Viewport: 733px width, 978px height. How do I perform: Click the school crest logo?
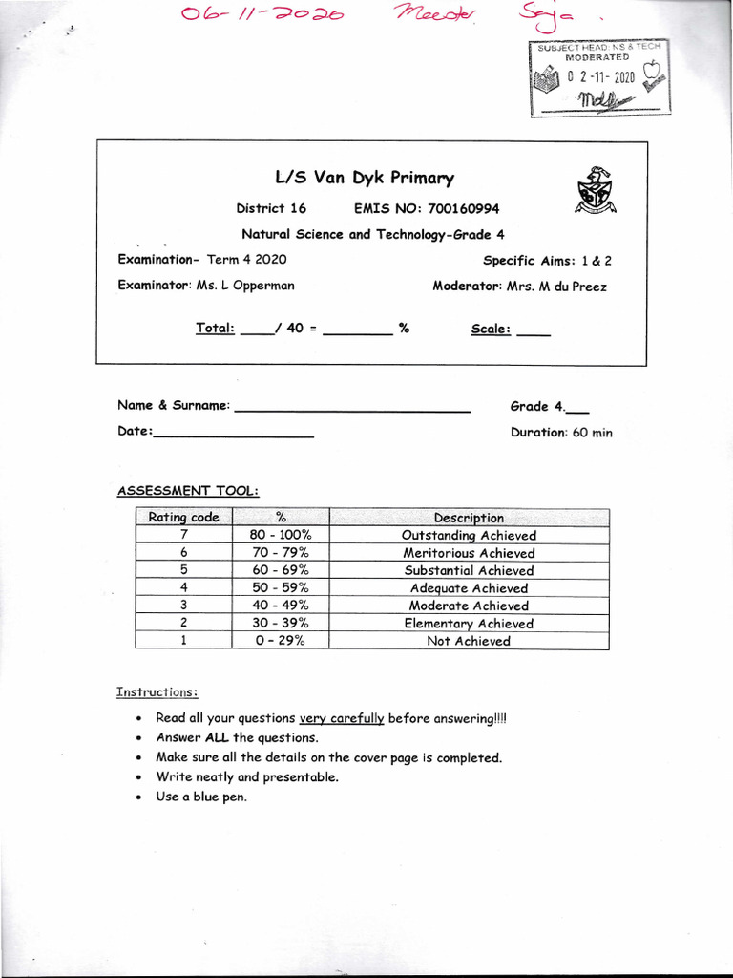(594, 191)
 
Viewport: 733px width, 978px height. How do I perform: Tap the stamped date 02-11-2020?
(600, 77)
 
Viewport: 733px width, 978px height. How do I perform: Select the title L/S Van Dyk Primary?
(365, 178)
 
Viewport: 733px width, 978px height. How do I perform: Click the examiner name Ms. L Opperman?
(245, 286)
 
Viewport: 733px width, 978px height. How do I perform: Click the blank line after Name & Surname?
(352, 410)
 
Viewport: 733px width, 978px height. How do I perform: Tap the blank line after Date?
(233, 435)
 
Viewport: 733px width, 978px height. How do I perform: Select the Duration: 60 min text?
(561, 432)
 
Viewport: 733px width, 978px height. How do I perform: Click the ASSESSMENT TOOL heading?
(187, 491)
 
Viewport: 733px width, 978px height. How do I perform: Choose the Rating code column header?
(183, 518)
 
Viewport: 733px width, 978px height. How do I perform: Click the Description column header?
(469, 518)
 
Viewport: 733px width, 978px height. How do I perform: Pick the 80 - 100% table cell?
(280, 535)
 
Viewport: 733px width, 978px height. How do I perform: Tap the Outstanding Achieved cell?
(469, 535)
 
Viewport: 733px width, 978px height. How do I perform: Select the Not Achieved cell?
(469, 641)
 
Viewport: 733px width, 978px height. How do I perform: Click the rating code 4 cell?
(183, 588)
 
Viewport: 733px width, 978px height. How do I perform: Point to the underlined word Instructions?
(157, 691)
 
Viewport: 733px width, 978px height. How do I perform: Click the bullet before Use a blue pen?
(140, 797)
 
